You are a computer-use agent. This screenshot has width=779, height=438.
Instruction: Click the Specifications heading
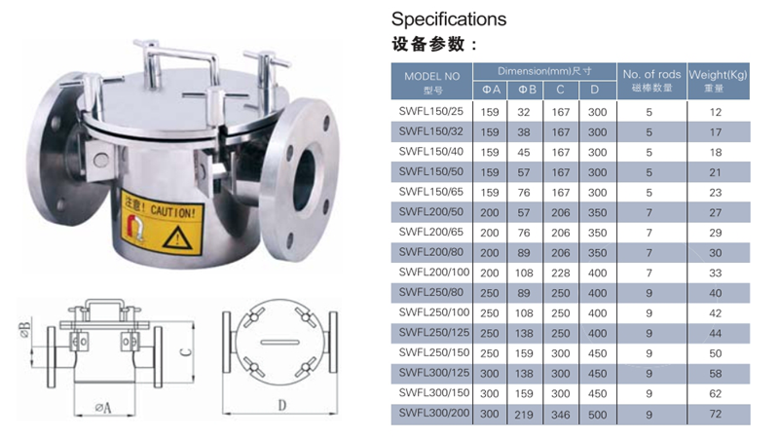[x=449, y=18]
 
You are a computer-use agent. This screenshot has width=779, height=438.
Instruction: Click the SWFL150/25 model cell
[x=431, y=112]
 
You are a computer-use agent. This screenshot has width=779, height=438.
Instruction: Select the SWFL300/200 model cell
[x=431, y=415]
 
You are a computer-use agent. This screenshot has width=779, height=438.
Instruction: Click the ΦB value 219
[x=524, y=415]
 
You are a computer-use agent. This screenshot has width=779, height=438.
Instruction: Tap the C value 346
[x=560, y=415]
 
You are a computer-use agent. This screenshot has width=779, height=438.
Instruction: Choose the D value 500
[x=596, y=415]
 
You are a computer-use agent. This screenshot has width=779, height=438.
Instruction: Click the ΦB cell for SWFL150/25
[x=524, y=112]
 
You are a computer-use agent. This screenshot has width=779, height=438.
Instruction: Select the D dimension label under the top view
[x=281, y=402]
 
